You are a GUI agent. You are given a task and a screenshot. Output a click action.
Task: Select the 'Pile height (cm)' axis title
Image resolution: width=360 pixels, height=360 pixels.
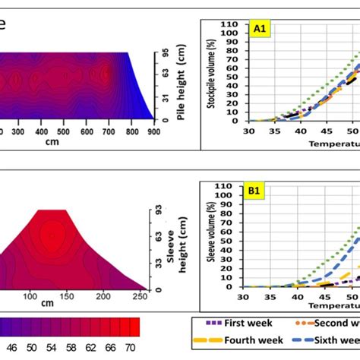coord(181,86)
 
